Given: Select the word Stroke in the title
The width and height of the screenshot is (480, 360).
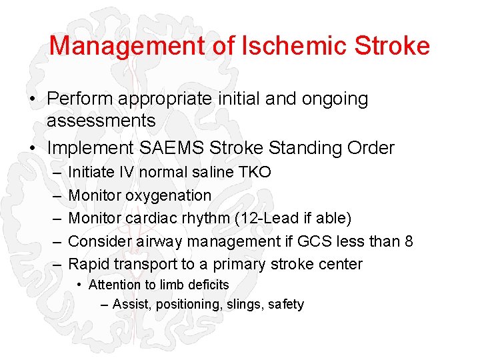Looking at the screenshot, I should pos(393,45).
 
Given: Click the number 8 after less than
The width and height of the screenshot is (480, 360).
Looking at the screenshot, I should pos(409,241).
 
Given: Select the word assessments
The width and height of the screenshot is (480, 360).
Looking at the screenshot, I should pos(101,121).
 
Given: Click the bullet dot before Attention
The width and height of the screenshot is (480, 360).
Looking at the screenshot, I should pos(79,285).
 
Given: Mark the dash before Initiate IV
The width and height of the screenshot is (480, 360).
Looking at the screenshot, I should pos(52,172).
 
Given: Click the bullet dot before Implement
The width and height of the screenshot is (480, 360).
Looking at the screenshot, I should pos(32,147).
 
